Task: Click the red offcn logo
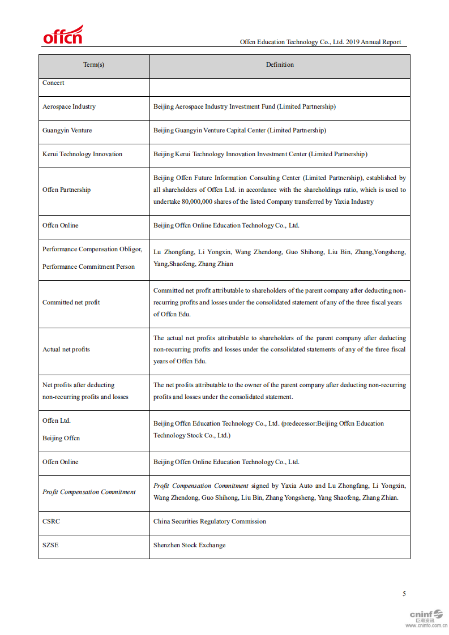pyautogui.click(x=63, y=35)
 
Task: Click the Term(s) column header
pyautogui.click(x=94, y=65)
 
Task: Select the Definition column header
pyautogui.click(x=280, y=65)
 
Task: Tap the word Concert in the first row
pyautogui.click(x=53, y=83)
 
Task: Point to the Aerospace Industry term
pyautogui.click(x=69, y=107)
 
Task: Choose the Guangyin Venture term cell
pyautogui.click(x=67, y=131)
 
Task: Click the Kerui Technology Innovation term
pyautogui.click(x=82, y=155)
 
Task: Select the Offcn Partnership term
pyautogui.click(x=66, y=190)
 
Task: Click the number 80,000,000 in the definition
pyautogui.click(x=206, y=202)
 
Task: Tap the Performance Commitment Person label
pyautogui.click(x=88, y=267)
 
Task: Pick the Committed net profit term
pyautogui.click(x=71, y=303)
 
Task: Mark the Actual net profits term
pyautogui.click(x=66, y=350)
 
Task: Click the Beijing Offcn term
pyautogui.click(x=61, y=439)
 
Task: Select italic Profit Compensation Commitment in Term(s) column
pyautogui.click(x=89, y=492)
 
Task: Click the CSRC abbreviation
pyautogui.click(x=51, y=522)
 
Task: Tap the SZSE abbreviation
pyautogui.click(x=50, y=546)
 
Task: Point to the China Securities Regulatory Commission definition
pyautogui.click(x=209, y=522)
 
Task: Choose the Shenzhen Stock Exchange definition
pyautogui.click(x=189, y=546)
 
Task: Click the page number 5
pyautogui.click(x=404, y=594)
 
